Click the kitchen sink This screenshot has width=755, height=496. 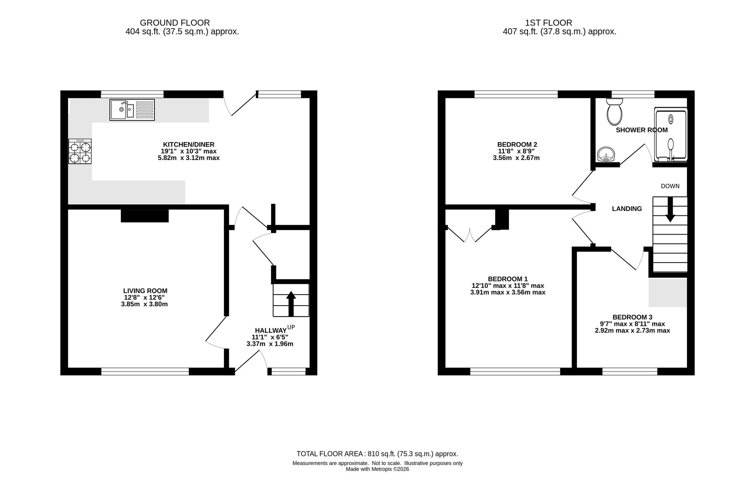point(132,110)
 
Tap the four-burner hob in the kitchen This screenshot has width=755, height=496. point(80,151)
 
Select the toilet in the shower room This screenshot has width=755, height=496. point(615,112)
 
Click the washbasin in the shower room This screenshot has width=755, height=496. point(606,154)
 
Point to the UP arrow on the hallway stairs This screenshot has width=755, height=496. point(291,304)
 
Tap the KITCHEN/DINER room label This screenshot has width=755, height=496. point(189,144)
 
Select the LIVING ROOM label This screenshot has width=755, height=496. point(145,291)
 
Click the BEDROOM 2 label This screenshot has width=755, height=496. point(517,144)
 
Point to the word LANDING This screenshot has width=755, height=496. point(627,209)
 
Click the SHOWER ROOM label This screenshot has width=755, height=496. point(642,130)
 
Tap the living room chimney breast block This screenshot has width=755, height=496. point(145,215)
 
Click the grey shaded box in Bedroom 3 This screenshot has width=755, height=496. point(668,293)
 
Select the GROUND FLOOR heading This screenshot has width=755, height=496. point(175,23)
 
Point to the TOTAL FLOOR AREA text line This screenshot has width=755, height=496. point(377,454)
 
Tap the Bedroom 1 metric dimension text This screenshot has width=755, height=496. point(508,292)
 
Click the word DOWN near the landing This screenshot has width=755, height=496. point(670,186)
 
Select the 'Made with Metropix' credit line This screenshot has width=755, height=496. point(377,469)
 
